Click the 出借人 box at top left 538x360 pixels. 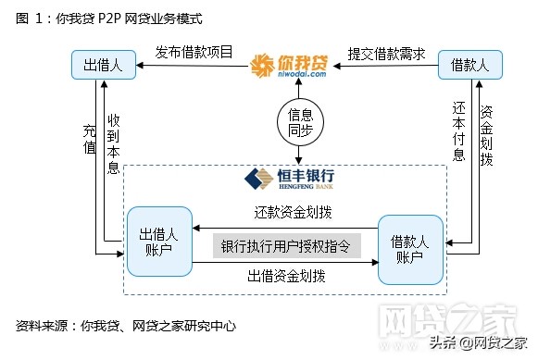(x=104, y=64)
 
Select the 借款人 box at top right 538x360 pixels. (x=475, y=64)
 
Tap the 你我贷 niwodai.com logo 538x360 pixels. (x=289, y=67)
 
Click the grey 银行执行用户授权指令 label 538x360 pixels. (x=286, y=246)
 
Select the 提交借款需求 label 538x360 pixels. (x=386, y=53)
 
